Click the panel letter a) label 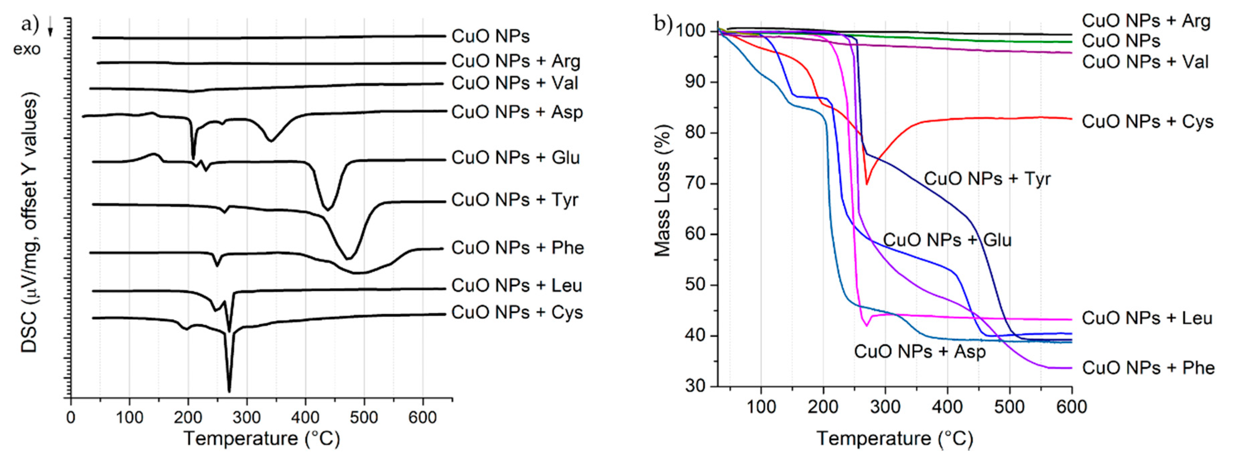[x=30, y=24]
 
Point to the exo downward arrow [x=50, y=31]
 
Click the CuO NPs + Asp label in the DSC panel [x=517, y=112]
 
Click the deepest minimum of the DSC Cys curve [x=229, y=391]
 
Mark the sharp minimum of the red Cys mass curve [x=867, y=184]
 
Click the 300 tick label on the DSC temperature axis [x=247, y=417]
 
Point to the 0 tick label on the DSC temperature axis [x=71, y=417]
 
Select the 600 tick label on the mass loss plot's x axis [x=1072, y=407]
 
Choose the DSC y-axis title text [x=30, y=223]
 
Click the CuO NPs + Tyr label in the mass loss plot [x=987, y=179]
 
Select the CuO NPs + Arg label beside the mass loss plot [x=1146, y=21]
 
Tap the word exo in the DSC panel [x=27, y=49]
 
